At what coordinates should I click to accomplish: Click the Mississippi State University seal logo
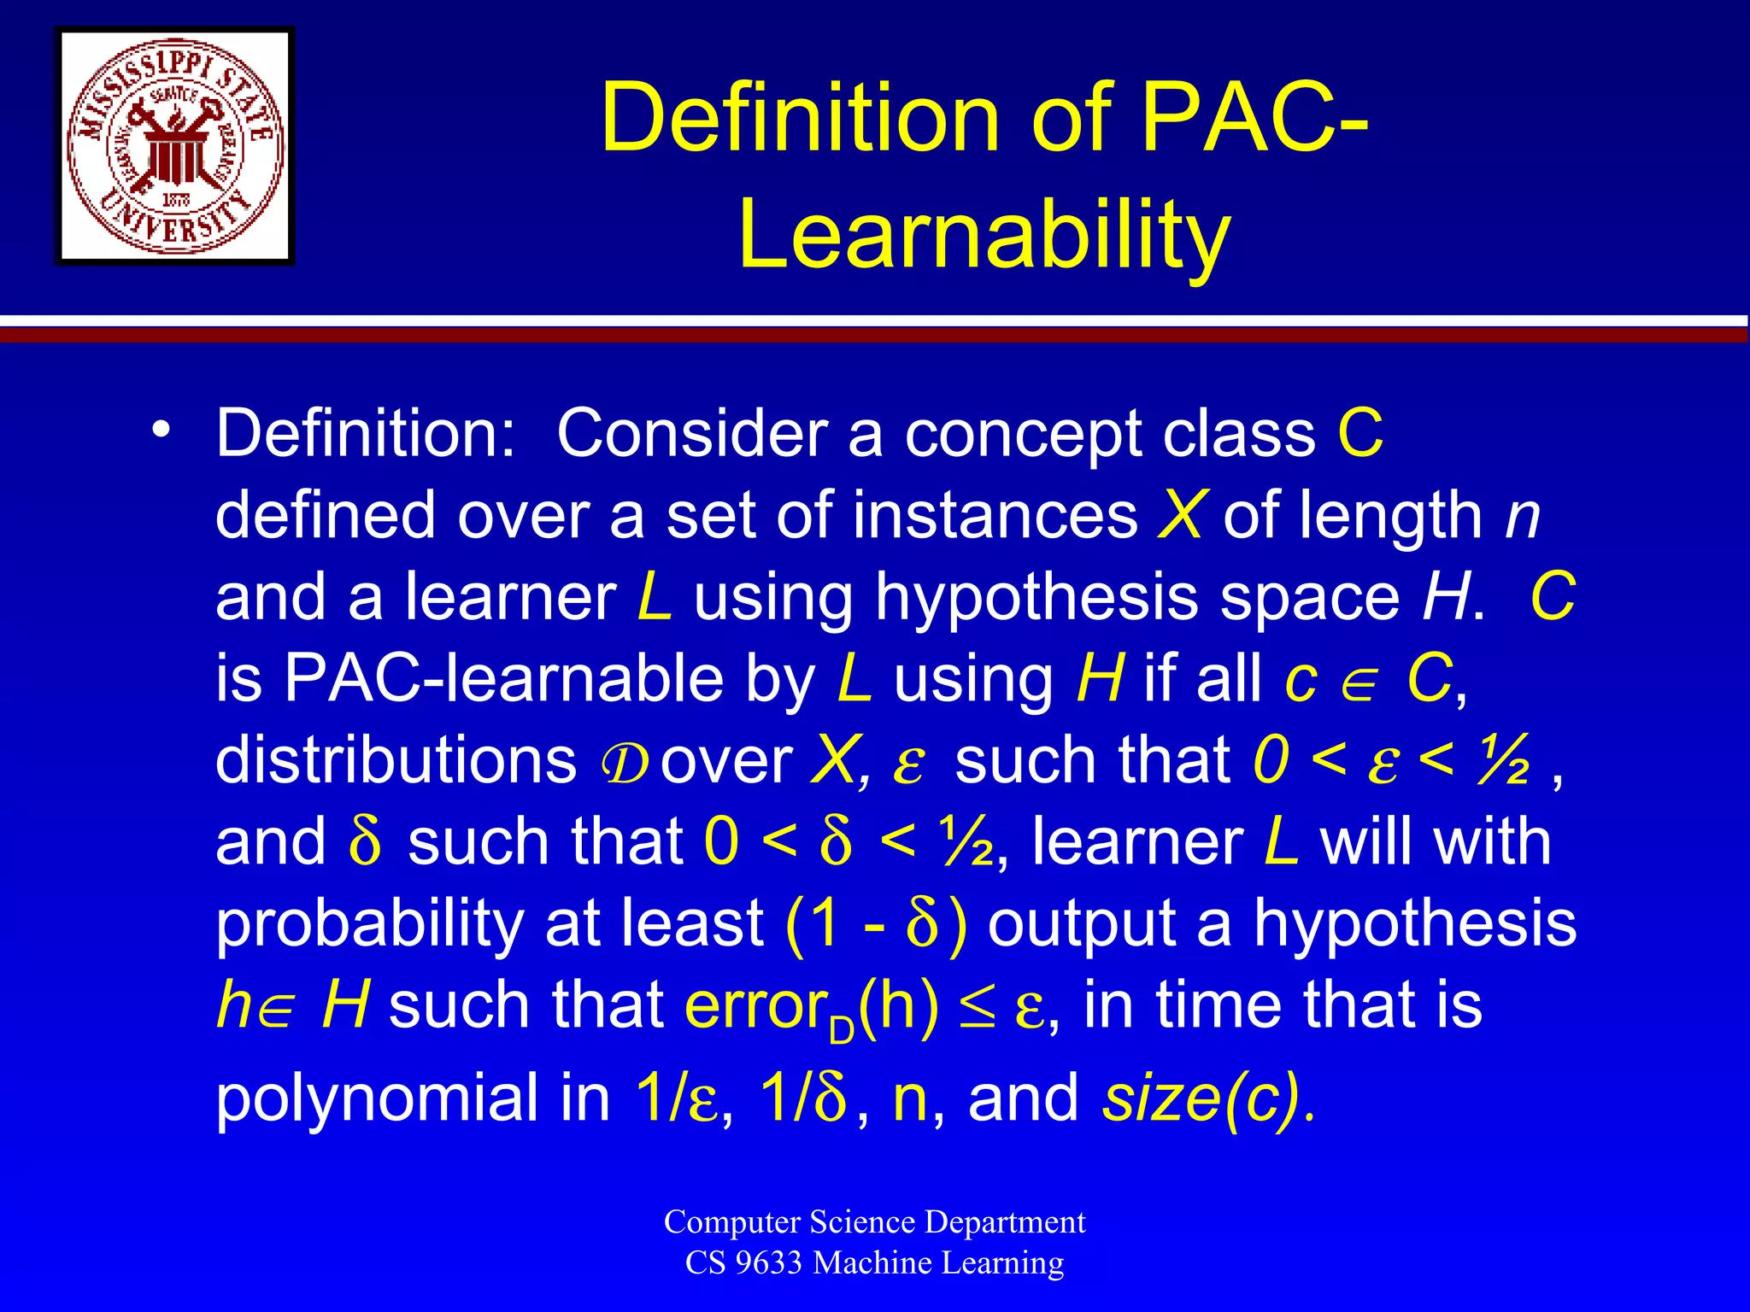click(x=175, y=146)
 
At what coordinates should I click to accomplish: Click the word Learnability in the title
click(x=984, y=234)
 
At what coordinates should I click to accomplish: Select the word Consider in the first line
click(x=693, y=433)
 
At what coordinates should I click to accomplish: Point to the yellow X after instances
click(x=1180, y=515)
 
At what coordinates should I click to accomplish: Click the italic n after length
click(x=1522, y=517)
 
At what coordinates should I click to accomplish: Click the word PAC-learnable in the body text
click(x=504, y=679)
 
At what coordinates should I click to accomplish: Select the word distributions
click(x=396, y=760)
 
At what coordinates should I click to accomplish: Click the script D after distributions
click(x=625, y=763)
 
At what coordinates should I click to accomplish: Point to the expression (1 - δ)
click(x=876, y=924)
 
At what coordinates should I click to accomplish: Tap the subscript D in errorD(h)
click(x=841, y=1030)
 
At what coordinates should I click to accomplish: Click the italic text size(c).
click(x=1208, y=1098)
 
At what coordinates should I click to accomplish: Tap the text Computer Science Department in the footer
click(x=874, y=1221)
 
